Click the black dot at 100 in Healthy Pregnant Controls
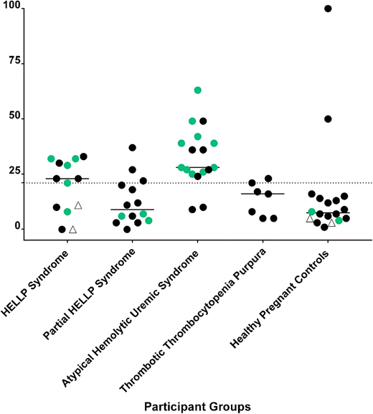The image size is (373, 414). pos(328,9)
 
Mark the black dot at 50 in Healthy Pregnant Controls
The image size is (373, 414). pos(328,118)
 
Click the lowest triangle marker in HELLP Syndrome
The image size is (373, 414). pos(72,230)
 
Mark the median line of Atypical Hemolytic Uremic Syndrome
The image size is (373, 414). pos(197,167)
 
